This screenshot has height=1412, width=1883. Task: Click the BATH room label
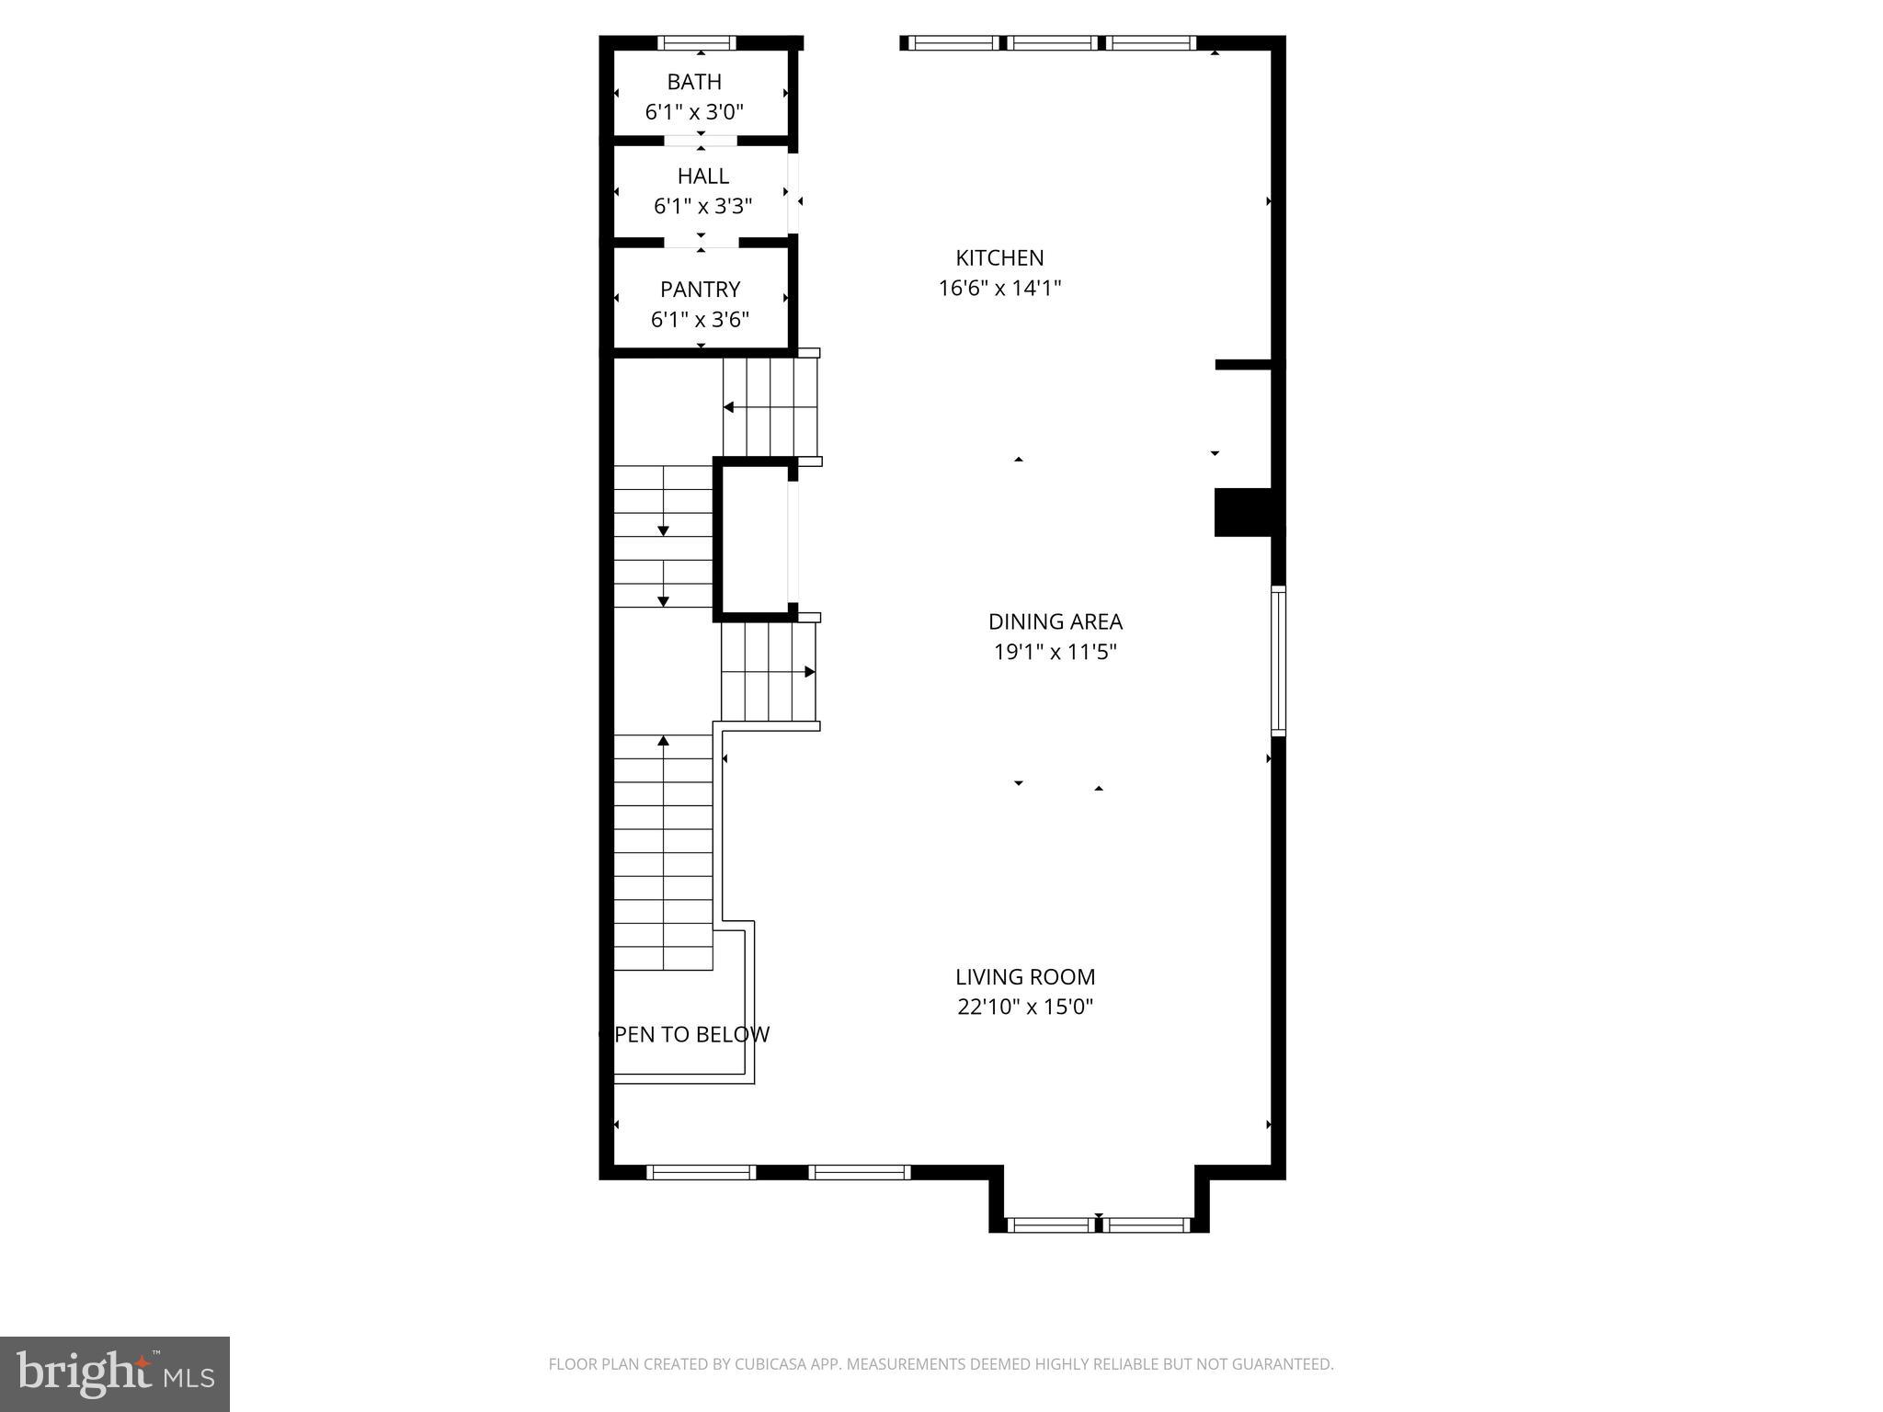[x=694, y=82]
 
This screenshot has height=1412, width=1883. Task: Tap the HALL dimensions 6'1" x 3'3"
[x=702, y=206]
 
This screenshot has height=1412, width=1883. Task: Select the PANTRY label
[x=700, y=290]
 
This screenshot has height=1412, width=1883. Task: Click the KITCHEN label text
[x=999, y=258]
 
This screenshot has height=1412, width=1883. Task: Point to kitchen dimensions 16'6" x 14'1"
[x=999, y=289]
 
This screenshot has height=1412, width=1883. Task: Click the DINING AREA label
[x=1055, y=621]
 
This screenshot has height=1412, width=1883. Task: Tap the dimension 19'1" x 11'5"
[x=1055, y=652]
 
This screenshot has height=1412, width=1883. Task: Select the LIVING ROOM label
[x=1024, y=976]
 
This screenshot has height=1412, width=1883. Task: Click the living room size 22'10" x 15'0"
[x=1024, y=1007]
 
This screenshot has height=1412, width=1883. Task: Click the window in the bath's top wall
[x=698, y=42]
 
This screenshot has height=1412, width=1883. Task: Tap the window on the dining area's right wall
[x=1278, y=660]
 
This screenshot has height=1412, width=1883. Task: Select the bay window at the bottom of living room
[x=1099, y=1224]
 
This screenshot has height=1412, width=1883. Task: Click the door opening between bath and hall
[x=701, y=141]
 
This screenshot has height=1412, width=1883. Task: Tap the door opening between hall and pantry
[x=701, y=243]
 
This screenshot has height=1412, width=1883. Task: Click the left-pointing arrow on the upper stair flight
[x=728, y=407]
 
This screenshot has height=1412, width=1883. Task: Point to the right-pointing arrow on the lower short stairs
[x=809, y=672]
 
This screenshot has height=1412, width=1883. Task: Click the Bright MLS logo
[x=114, y=1373]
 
